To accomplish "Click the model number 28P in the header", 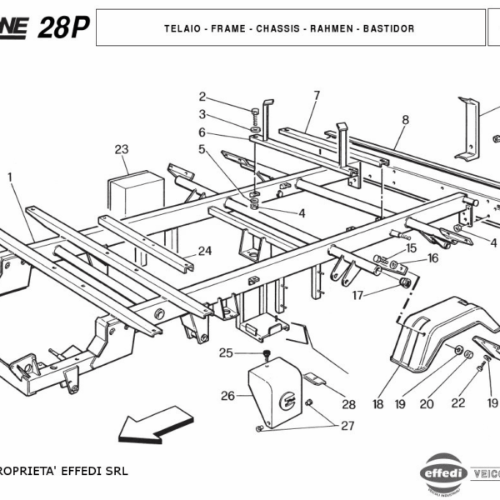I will [x=66, y=28].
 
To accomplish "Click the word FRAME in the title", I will [x=228, y=28].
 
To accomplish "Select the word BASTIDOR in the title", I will [x=387, y=28].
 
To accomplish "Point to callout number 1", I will [x=10, y=177].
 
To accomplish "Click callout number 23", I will [x=122, y=150].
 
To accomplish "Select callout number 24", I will [x=205, y=250].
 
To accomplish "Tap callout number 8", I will [x=406, y=120].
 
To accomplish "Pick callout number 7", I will [x=317, y=94].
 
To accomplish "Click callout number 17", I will [x=357, y=295].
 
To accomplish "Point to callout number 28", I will [x=348, y=405].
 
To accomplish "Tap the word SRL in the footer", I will [x=117, y=471].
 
